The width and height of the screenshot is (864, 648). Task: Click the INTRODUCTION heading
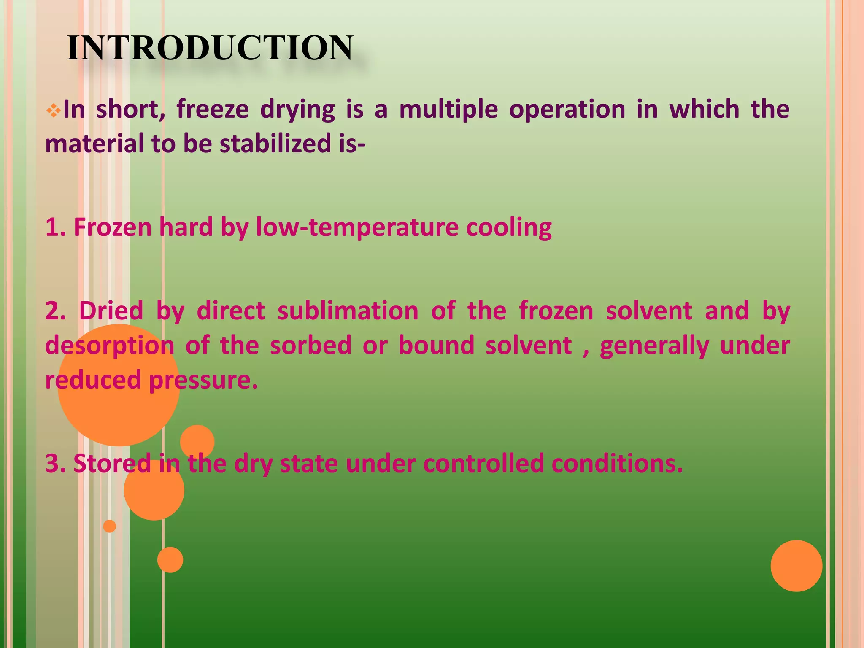tap(210, 48)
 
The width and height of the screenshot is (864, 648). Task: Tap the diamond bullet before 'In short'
tap(53, 111)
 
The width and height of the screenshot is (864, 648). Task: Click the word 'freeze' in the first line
tap(213, 109)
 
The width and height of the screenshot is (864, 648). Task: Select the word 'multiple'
tap(448, 110)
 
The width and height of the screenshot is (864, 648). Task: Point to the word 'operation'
tap(567, 110)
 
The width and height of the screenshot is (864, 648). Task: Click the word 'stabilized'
tap(276, 144)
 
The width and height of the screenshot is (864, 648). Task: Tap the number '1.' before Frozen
tap(55, 227)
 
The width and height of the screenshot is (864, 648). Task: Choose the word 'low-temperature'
tap(357, 227)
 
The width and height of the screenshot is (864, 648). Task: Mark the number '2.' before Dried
tap(56, 311)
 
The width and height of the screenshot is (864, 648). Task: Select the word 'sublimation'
tap(348, 311)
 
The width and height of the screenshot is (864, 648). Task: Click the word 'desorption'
tap(110, 346)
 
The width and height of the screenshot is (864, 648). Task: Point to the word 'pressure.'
tap(203, 380)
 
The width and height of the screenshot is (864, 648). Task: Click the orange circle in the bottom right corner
tap(796, 566)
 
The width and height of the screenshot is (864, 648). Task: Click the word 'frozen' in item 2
tap(556, 311)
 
